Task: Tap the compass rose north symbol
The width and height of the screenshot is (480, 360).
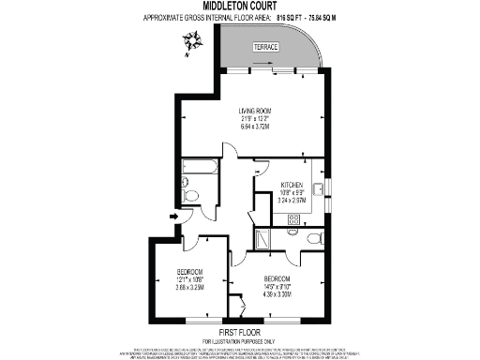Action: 194,40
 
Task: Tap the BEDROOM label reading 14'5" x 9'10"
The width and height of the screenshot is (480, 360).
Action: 279,279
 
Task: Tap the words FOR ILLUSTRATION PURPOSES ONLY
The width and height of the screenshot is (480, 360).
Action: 240,341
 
